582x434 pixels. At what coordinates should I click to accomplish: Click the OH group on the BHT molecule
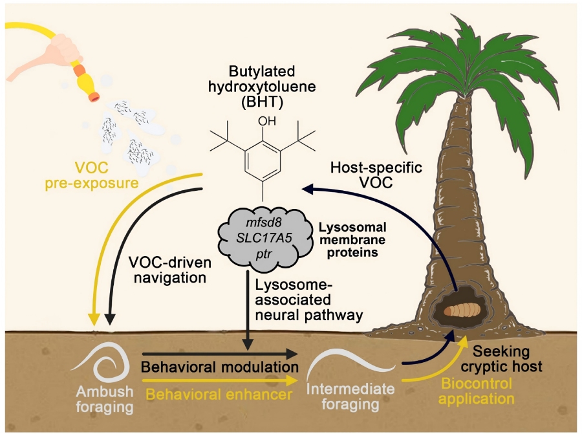(x=264, y=121)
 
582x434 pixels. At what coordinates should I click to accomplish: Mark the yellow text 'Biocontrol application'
(x=478, y=391)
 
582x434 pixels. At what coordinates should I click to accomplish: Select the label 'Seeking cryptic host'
(x=506, y=360)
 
